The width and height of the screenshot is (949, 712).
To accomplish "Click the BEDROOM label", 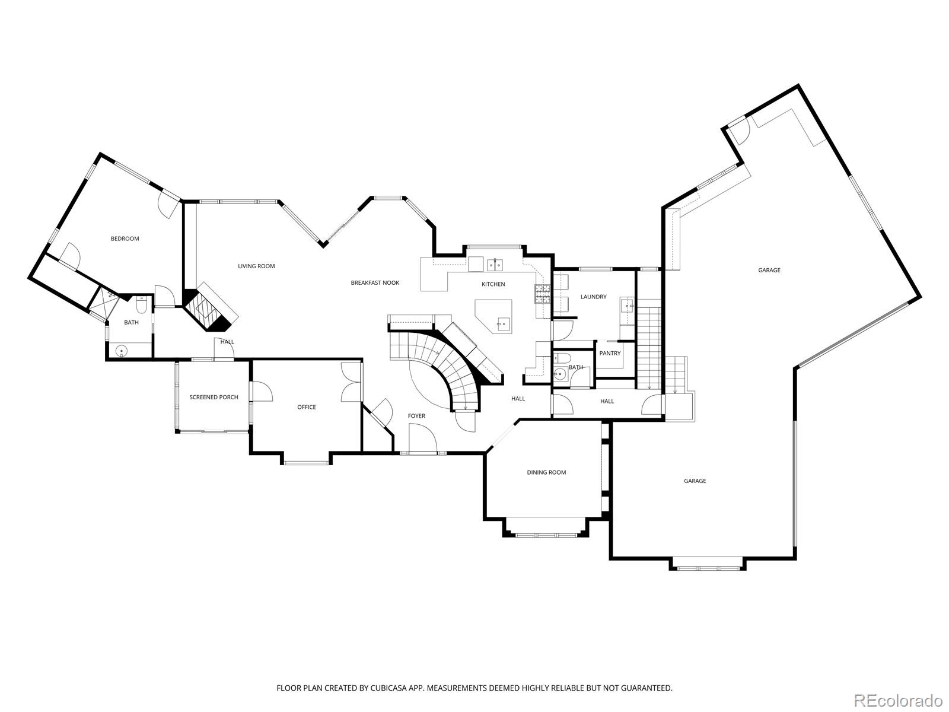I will point(125,239).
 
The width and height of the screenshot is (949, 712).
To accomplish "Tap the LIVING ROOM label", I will point(256,266).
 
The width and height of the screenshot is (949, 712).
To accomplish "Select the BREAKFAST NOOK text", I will point(375,282).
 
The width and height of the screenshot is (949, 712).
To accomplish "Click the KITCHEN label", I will point(493,284).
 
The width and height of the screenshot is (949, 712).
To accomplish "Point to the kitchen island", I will point(493,316).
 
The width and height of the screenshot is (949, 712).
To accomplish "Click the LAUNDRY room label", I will point(593,297).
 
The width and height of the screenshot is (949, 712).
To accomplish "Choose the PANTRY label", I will point(610,353).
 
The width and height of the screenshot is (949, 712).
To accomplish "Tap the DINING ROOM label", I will point(546,472).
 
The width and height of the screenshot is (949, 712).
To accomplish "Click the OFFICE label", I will point(307,407).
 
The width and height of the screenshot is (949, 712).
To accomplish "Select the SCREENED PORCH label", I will point(214,397).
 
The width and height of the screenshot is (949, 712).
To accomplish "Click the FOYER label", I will point(416,416).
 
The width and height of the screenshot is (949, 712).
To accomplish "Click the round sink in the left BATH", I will point(122,351).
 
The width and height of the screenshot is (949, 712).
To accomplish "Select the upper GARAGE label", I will point(769,270).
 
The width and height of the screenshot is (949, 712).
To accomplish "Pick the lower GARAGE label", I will point(695,481).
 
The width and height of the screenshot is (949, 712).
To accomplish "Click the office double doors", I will point(351,383).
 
